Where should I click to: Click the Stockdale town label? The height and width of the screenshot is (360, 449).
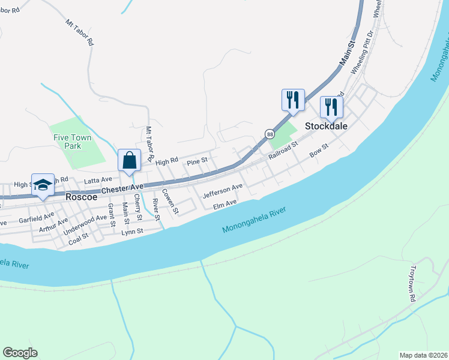tap(327, 127)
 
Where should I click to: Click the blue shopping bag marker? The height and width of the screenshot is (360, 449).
tap(129, 161)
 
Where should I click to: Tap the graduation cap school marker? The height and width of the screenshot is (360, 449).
tap(43, 185)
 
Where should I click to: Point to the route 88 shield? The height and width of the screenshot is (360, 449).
tap(270, 134)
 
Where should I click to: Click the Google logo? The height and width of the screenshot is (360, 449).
tap(20, 353)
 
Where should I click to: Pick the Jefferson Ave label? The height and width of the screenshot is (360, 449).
tap(223, 191)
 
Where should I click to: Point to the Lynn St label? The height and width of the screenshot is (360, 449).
tap(132, 232)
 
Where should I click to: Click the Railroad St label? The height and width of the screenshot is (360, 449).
tap(283, 150)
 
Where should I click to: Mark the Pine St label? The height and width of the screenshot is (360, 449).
tap(197, 161)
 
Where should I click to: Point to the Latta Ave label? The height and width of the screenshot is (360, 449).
tap(98, 179)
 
